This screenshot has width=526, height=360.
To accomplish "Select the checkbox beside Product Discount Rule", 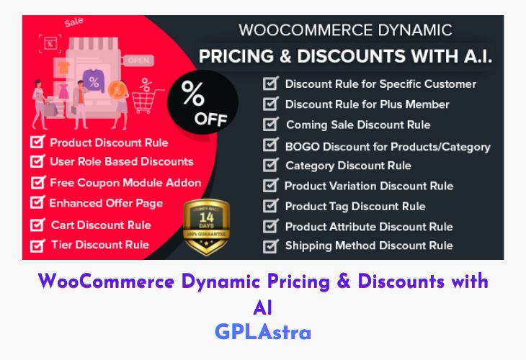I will pyautogui.click(x=37, y=142).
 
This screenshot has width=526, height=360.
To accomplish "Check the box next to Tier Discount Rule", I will pyautogui.click(x=37, y=245).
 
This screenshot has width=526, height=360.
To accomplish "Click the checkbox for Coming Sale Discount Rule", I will pyautogui.click(x=270, y=125).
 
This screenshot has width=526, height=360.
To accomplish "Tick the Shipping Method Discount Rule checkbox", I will pyautogui.click(x=270, y=246).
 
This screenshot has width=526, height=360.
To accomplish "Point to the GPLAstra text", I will pyautogui.click(x=262, y=333).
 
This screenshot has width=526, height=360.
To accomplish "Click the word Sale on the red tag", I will pyautogui.click(x=73, y=22).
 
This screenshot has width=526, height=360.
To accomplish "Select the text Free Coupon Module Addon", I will pyautogui.click(x=125, y=182).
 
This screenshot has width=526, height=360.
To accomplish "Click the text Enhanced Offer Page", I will pyautogui.click(x=106, y=203).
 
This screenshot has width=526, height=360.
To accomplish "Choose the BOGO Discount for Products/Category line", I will pyautogui.click(x=388, y=146).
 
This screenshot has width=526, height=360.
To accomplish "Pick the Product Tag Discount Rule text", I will pyautogui.click(x=355, y=207).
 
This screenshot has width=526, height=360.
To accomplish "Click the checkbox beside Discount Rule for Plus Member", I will pyautogui.click(x=270, y=104).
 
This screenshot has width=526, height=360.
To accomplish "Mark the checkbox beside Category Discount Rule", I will pyautogui.click(x=270, y=166).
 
